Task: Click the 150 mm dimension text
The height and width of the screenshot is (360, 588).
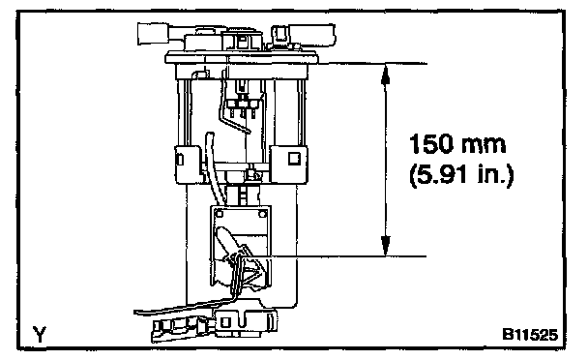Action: click(457, 144)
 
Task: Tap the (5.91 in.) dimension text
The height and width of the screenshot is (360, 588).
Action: click(461, 174)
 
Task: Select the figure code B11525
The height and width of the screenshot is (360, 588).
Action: click(530, 334)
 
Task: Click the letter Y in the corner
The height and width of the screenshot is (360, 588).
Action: click(40, 334)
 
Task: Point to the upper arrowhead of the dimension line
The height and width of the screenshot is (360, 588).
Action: click(386, 75)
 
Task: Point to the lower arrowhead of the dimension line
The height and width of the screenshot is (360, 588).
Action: click(386, 246)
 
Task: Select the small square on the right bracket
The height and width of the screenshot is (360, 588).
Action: click(294, 158)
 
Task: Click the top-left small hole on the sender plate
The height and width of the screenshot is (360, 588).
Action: click(220, 214)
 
